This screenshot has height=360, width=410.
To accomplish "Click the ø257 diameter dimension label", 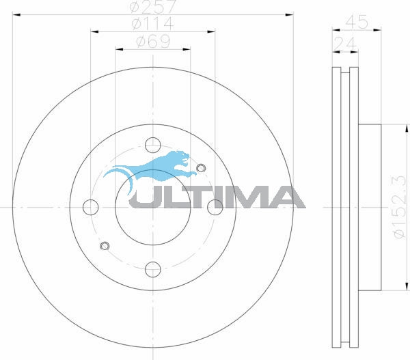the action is click(153, 7).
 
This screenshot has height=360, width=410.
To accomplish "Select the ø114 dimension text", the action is click(152, 23).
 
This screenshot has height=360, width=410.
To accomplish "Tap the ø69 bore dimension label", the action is click(153, 41).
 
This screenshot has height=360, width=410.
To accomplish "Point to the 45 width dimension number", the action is click(357, 22).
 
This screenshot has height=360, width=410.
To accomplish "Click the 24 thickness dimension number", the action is click(345, 44).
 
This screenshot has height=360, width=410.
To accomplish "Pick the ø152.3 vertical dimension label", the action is click(399, 207).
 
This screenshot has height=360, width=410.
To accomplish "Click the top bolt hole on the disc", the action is click(152, 145).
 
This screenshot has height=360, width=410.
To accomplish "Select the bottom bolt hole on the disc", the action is click(152, 270).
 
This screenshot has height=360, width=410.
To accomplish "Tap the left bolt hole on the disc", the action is click(90, 207).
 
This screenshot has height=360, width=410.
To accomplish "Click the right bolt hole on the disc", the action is click(215, 207).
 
